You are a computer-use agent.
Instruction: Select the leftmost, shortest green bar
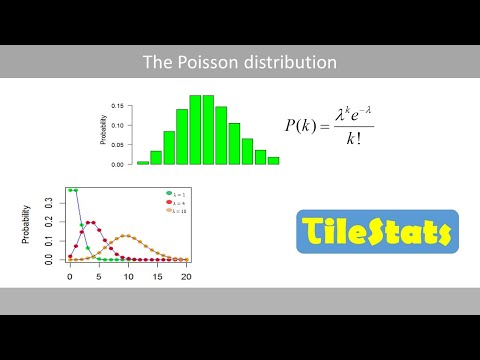(143, 162)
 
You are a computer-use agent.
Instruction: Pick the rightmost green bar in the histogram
(273, 160)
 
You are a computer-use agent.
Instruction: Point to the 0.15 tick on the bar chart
(118, 105)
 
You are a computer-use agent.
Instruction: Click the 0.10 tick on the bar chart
(118, 125)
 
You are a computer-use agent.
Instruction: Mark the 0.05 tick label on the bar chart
(118, 144)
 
